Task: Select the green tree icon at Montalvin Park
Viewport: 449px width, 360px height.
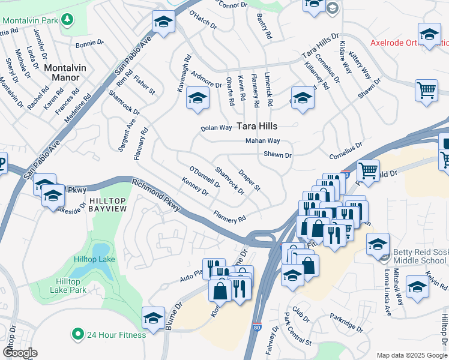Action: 68,19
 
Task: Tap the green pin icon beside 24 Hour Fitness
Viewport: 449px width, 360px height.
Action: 77,334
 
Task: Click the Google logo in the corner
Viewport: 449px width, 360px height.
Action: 20,353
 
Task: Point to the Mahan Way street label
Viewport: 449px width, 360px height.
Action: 262,141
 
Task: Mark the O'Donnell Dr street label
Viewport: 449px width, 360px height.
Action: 205,177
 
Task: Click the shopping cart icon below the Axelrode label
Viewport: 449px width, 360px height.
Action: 426,91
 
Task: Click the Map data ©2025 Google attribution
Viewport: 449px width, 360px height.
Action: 412,355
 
